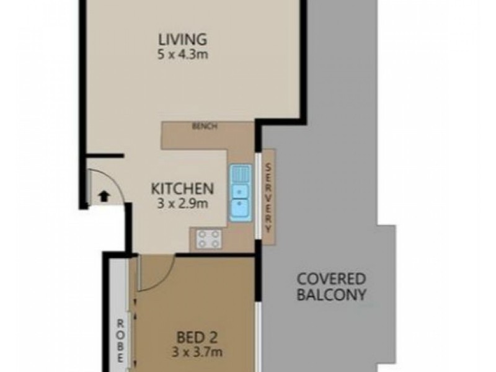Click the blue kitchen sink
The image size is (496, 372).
tap(239, 201)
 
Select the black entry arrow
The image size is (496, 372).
tap(104, 197)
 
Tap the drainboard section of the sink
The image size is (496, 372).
tap(239, 173)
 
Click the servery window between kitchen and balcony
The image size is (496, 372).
tap(257, 198)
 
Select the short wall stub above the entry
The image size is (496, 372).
tap(105, 155)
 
